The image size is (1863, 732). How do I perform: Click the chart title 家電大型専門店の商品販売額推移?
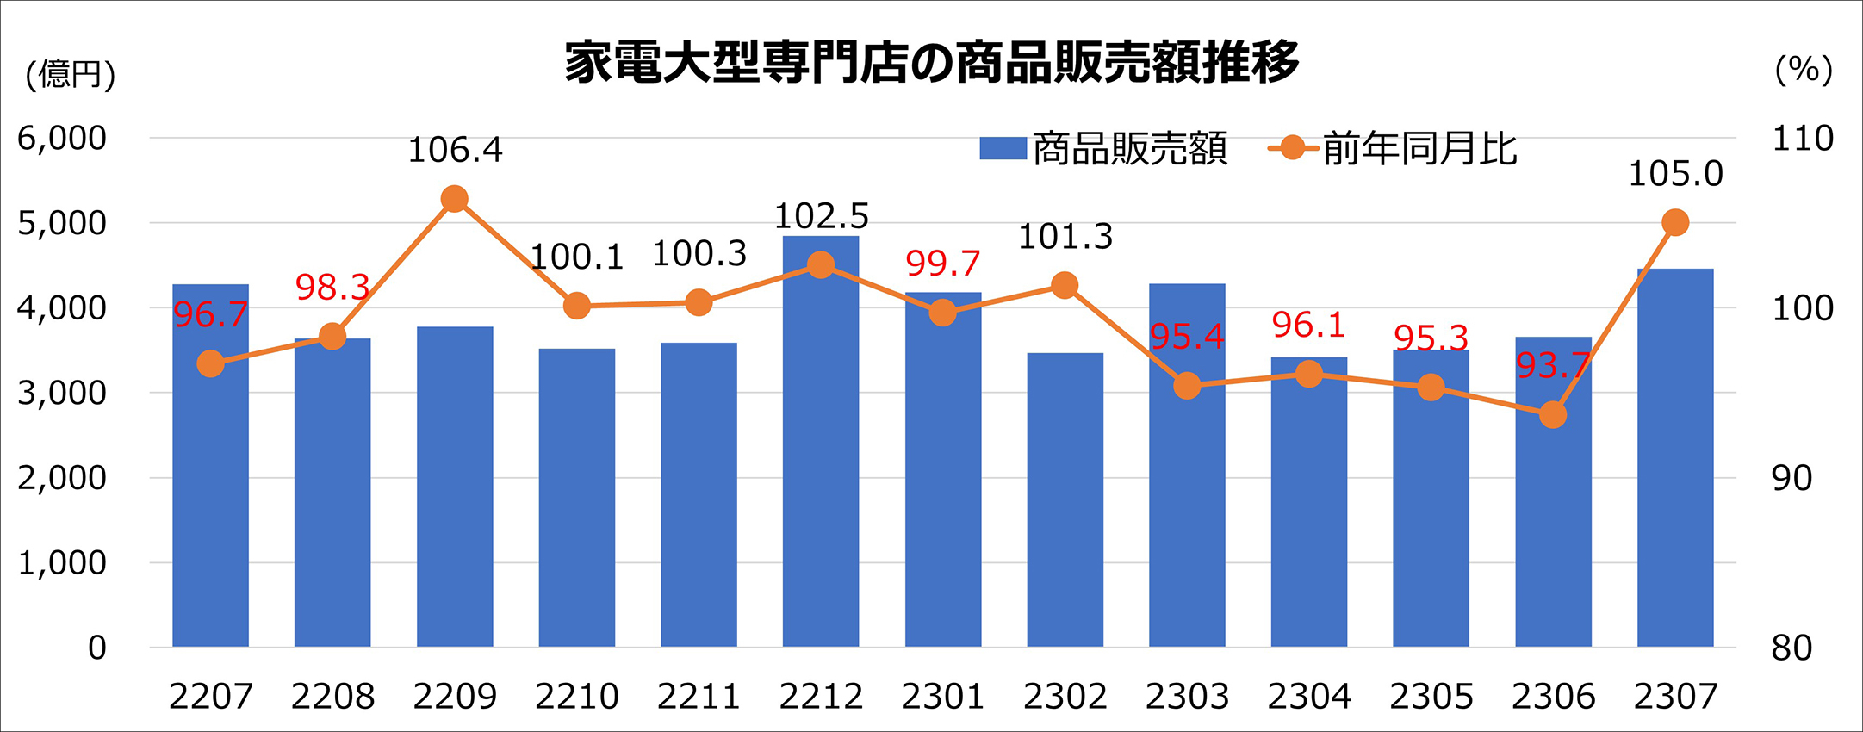point(931,62)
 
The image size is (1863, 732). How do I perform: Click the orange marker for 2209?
point(454,199)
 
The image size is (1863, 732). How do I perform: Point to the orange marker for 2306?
point(1552,415)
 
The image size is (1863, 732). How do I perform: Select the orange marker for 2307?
point(1675,223)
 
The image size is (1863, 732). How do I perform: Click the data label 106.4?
point(455,151)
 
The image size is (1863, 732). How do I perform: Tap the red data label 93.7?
point(1552,366)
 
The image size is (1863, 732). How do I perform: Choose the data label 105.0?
point(1675,175)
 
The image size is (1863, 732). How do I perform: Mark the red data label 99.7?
point(942,264)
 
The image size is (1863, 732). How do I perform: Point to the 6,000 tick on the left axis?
point(62,138)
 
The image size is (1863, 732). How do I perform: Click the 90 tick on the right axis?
point(1792,478)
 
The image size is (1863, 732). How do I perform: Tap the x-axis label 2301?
point(942,696)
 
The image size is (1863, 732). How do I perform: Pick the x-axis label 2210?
point(576,696)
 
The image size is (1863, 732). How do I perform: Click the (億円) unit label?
point(71,74)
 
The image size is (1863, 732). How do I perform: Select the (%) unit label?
point(1804,69)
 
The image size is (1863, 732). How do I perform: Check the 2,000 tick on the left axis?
point(62,478)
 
